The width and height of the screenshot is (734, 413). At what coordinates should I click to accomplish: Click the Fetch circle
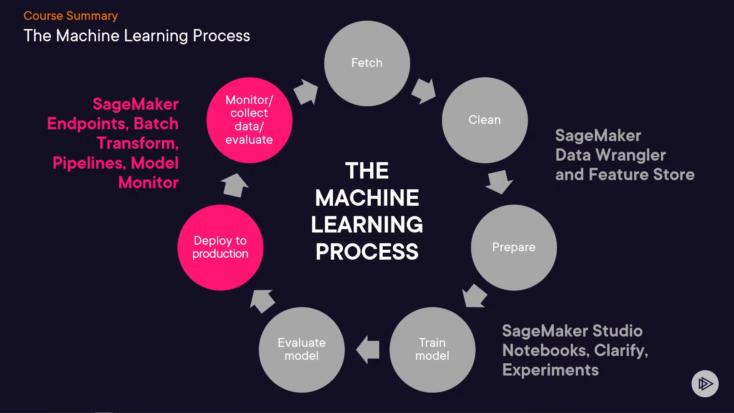[x=367, y=63]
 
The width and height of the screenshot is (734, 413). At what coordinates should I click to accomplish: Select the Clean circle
[x=485, y=120]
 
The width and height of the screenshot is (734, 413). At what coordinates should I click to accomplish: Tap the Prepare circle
[x=514, y=247]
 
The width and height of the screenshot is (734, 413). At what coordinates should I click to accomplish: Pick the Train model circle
[x=432, y=350]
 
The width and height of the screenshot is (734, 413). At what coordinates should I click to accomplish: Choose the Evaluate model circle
[x=302, y=350]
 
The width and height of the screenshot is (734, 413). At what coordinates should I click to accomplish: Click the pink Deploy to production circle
[x=220, y=247]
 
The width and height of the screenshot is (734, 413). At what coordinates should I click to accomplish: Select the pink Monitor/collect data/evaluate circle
[x=249, y=120]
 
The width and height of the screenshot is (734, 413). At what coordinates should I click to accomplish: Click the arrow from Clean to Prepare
[x=499, y=182]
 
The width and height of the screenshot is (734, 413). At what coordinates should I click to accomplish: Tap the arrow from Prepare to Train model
[x=474, y=296]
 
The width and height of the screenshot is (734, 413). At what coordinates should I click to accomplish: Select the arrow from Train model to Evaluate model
[x=368, y=350]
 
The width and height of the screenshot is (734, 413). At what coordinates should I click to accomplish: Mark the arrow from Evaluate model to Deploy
[x=262, y=301]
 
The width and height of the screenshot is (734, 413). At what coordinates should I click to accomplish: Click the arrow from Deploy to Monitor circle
[x=234, y=185]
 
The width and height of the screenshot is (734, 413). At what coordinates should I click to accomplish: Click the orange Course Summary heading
[x=71, y=16]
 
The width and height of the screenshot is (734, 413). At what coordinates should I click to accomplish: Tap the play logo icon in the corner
[x=705, y=384]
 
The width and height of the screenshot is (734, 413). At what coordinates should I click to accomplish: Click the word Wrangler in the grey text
[x=631, y=155]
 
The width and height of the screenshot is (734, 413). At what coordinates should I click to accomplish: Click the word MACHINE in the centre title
[x=367, y=198]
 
